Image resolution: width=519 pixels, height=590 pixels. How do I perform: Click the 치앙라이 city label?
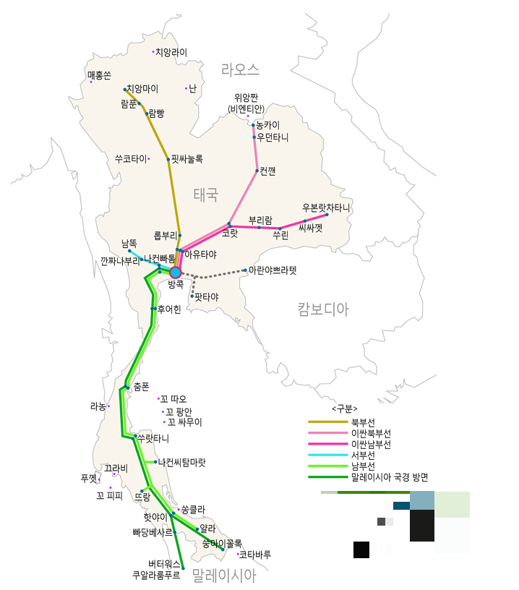172,52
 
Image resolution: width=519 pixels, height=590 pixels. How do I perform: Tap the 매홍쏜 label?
100,75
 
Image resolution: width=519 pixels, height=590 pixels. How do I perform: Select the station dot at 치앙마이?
125,90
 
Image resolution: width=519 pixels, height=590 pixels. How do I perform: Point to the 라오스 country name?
240,70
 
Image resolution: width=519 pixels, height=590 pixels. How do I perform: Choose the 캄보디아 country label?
322,309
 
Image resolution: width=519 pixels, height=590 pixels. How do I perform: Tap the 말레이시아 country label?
224,576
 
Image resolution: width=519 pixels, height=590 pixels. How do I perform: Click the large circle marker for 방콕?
175,273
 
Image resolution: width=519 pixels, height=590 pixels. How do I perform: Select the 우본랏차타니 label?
326,208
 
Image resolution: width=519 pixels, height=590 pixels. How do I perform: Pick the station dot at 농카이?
252,125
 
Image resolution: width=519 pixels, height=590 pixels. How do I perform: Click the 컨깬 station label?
267,171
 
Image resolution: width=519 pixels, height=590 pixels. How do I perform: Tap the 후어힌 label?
168,309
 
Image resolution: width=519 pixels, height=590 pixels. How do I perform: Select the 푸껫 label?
88,478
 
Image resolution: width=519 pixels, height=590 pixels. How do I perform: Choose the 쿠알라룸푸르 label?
156,576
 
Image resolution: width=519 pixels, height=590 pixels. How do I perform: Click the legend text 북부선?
362,422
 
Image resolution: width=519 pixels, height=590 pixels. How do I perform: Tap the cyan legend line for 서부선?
327,456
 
